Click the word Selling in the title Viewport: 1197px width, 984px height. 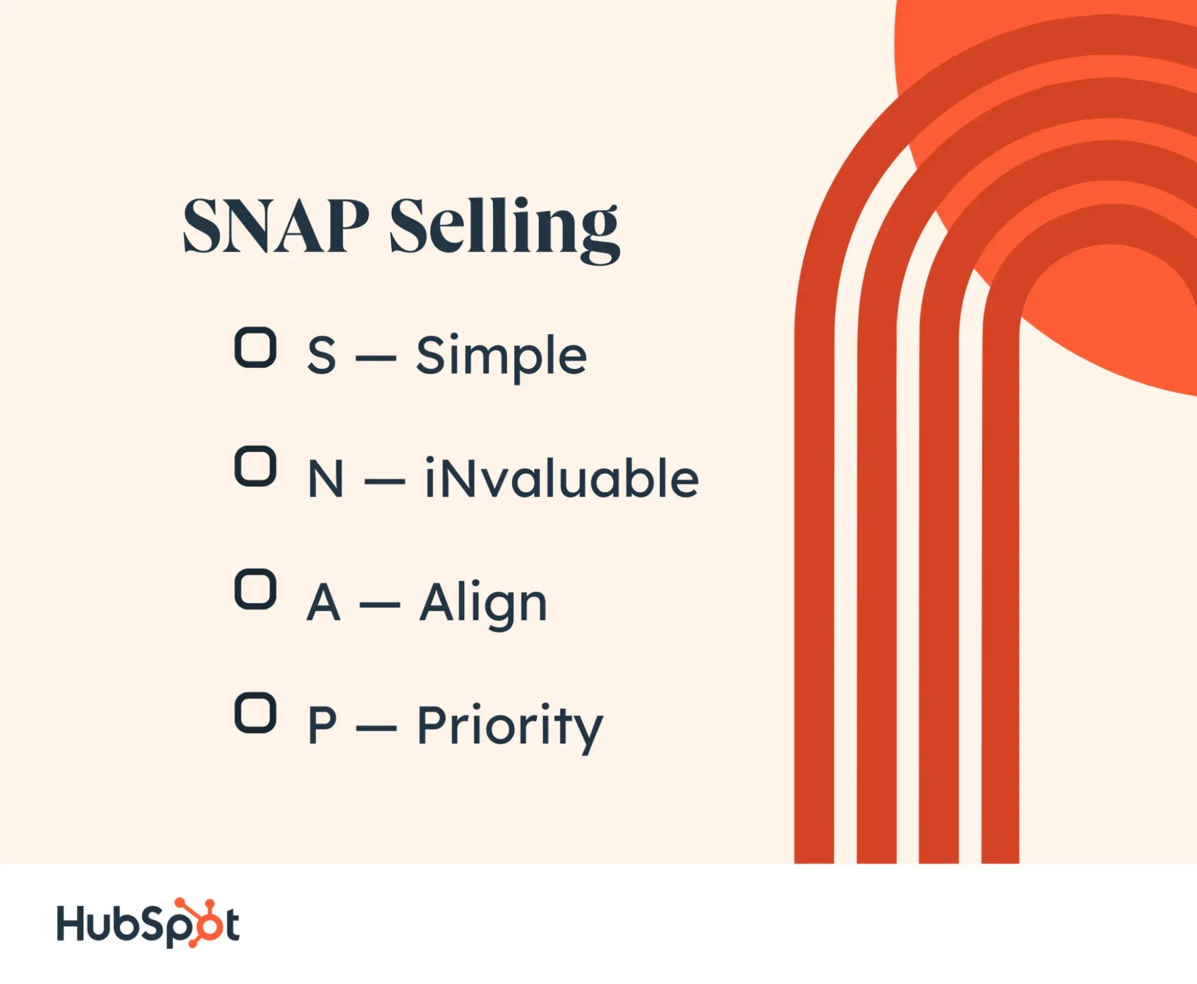(x=505, y=230)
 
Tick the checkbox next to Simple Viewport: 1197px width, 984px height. (x=256, y=347)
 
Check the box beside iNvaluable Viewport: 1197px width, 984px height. (x=256, y=466)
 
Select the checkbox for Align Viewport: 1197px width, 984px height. (x=256, y=589)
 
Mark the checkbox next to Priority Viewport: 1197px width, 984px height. (x=256, y=713)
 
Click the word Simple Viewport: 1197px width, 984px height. (x=501, y=358)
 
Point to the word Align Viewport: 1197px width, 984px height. (x=483, y=605)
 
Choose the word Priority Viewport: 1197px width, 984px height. (x=510, y=728)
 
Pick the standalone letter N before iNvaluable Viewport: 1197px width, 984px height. (x=326, y=479)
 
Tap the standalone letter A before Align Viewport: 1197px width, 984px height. (x=323, y=602)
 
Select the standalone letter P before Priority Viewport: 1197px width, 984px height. (x=322, y=725)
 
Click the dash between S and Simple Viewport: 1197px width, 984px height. (x=376, y=359)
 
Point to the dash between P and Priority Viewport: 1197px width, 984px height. (x=376, y=729)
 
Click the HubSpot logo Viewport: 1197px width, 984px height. (x=149, y=923)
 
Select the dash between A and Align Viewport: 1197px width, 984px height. (x=380, y=605)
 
